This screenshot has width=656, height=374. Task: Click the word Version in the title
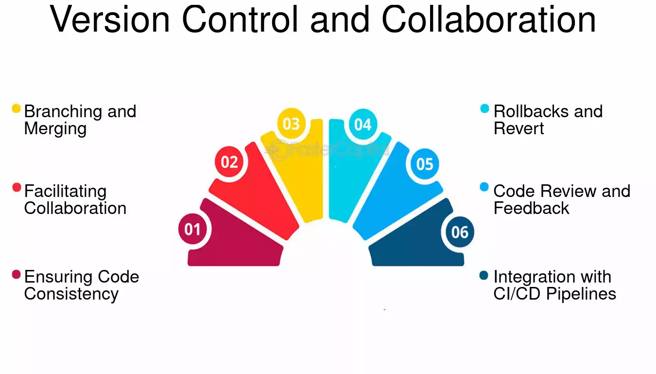110,19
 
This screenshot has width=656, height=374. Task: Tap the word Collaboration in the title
489,19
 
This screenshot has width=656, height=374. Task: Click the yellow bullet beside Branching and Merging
17,108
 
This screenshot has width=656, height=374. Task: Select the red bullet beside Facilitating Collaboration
17,187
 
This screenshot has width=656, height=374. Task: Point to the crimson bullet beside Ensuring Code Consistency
17,275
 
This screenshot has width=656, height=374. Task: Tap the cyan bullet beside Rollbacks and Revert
484,108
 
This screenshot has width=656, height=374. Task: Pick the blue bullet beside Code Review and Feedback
484,187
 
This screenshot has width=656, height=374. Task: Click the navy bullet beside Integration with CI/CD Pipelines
484,275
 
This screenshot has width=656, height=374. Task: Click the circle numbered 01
193,229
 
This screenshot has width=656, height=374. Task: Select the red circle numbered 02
229,161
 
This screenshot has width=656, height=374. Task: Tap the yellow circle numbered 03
291,124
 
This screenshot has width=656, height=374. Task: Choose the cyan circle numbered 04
363,125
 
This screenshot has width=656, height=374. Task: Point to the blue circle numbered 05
425,164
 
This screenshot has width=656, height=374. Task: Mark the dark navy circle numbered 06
460,232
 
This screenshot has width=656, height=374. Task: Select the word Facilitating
65,191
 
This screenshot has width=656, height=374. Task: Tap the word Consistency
71,294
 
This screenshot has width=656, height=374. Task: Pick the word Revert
518,128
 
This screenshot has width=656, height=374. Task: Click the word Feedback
531,208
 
